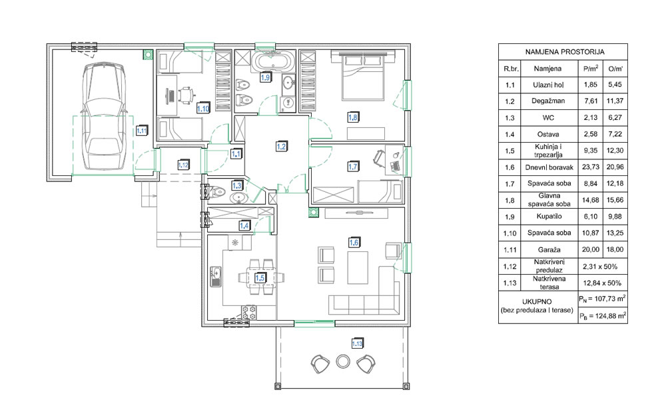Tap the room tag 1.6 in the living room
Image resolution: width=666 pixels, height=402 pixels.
[354, 243]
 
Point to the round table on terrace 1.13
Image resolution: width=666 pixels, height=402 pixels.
[343, 361]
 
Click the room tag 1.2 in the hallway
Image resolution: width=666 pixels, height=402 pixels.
[281, 147]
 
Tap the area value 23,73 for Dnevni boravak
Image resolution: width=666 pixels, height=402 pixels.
[590, 167]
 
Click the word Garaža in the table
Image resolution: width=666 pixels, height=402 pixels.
[548, 250]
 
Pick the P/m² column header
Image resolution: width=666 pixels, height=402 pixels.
[590, 69]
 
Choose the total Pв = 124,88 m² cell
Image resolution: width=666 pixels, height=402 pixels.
[603, 316]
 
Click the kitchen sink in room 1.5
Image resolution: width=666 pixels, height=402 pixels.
[215, 276]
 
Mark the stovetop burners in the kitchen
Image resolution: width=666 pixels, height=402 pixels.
[249, 312]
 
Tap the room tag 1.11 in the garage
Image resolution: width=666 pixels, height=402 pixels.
[141, 131]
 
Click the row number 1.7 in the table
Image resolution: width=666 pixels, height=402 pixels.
[509, 184]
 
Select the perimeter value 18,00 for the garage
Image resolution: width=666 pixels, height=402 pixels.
[615, 249]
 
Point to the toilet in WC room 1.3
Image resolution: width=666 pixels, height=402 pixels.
[215, 191]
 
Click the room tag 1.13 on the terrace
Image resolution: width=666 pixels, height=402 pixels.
[357, 343]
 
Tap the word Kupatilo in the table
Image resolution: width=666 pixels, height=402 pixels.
[548, 216]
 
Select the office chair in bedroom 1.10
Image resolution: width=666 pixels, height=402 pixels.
[186, 95]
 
